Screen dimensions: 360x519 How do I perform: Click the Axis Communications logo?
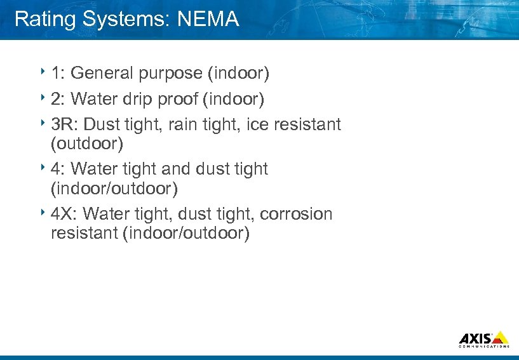[x=483, y=339]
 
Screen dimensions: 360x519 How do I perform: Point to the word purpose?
[x=171, y=74]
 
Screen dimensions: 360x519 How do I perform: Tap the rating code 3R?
[x=64, y=124]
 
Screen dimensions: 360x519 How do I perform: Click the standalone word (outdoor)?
[x=86, y=143]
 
